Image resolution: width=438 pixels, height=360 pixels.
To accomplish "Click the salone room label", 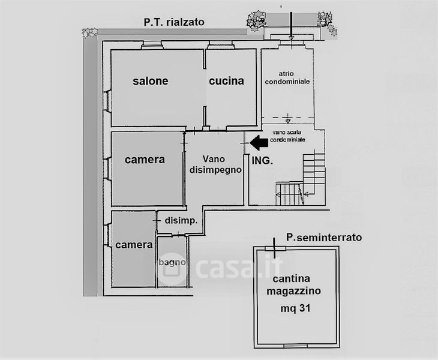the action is point(150,81).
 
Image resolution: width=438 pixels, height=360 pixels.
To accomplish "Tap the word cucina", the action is point(226,81).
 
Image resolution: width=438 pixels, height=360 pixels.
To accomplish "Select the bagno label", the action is point(172,263).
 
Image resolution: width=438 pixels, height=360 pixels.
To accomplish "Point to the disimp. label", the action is point(181,221).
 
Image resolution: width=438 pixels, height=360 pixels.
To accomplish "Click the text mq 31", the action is point(295,308).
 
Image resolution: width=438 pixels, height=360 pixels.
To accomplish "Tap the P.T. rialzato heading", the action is point(174,22).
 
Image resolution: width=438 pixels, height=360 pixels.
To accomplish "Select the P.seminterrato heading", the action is point(324,238).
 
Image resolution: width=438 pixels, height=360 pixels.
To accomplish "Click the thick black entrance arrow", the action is point(259,143).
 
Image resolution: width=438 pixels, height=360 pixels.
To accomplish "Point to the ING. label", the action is point(262,161).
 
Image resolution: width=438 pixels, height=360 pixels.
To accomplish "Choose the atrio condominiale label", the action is point(287,77).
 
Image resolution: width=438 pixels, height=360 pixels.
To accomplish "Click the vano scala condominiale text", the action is point(287,136).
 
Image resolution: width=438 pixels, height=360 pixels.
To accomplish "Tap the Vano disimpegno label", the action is point(215,164).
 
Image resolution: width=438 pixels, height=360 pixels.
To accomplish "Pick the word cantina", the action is point(292,279).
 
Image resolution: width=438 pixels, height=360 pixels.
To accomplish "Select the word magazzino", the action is point(293,291).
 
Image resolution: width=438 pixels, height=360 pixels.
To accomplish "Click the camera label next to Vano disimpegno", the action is point(145,160).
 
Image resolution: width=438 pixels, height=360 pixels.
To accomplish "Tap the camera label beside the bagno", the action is point(134,245).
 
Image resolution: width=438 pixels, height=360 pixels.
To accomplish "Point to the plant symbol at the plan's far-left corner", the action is point(89,32).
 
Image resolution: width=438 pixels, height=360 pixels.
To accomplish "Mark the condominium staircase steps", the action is point(301,179).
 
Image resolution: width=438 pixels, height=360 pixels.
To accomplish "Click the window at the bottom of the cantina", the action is point(296,346).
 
